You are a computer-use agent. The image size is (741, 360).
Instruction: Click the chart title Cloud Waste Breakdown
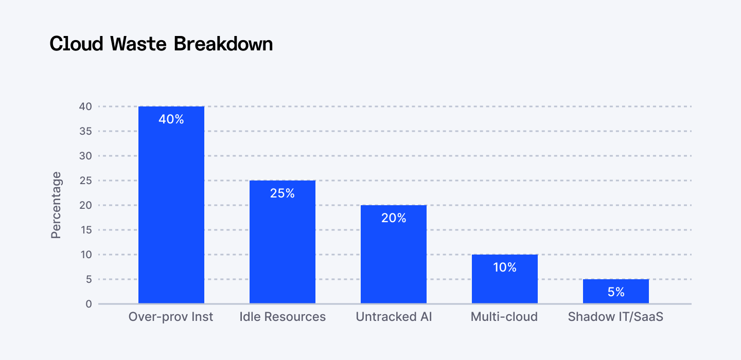point(161,44)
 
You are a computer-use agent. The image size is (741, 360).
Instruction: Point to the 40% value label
point(171,119)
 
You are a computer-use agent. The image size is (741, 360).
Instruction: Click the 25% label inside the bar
point(283,193)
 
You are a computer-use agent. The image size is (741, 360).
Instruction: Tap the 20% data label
point(394,218)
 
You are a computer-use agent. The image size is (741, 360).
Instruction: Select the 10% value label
point(505,267)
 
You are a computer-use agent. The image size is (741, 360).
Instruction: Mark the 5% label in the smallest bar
point(616,292)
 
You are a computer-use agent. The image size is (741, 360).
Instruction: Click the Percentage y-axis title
point(56,205)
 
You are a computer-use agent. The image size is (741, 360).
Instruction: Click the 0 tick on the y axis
point(89,304)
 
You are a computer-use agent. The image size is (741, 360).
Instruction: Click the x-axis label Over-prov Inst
point(171,317)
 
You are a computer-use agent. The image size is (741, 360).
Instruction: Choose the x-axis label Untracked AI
point(394,317)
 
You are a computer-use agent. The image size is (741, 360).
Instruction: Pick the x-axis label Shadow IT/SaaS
point(615,317)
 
